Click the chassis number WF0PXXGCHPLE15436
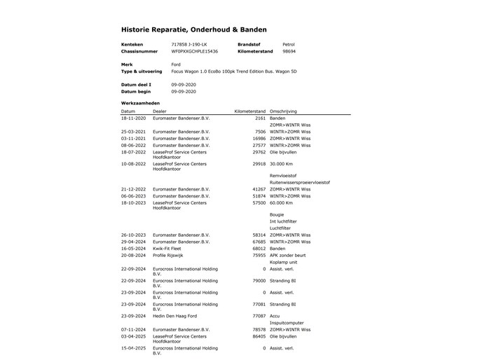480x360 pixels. pyautogui.click(x=194, y=51)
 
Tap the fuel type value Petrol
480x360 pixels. pyautogui.click(x=289, y=44)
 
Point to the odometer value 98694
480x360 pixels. pyautogui.click(x=289, y=51)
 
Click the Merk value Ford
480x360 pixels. pyautogui.click(x=176, y=64)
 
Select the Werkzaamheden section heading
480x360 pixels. pyautogui.click(x=140, y=103)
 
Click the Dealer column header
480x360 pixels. pyautogui.click(x=160, y=111)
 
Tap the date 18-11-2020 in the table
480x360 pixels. pyautogui.click(x=133, y=118)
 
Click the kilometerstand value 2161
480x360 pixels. pyautogui.click(x=260, y=118)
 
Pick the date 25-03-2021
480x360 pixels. pyautogui.click(x=133, y=132)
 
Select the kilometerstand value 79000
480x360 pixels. pyautogui.click(x=258, y=280)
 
